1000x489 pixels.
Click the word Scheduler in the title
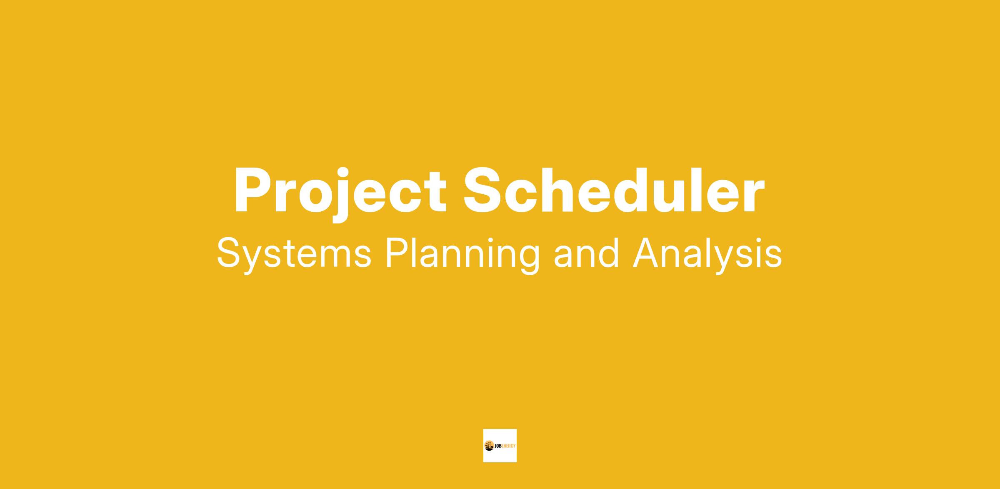pyautogui.click(x=615, y=190)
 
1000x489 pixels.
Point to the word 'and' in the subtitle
pyautogui.click(x=587, y=253)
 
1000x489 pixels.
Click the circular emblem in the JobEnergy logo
pyautogui.click(x=489, y=446)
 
